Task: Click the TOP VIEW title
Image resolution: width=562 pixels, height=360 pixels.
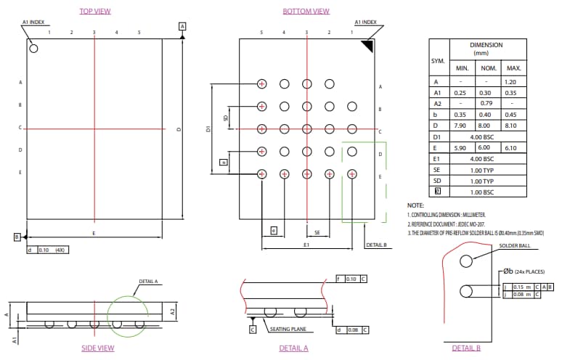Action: (94, 11)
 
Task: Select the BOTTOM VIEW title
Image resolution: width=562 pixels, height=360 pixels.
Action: (306, 11)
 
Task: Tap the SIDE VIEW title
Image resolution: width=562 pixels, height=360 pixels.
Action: (97, 348)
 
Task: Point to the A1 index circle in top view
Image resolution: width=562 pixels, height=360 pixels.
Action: (33, 49)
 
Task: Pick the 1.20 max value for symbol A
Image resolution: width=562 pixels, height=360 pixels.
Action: (513, 83)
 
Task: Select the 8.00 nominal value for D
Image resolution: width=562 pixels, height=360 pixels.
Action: (489, 126)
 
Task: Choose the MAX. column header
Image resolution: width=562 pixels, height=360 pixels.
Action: (513, 68)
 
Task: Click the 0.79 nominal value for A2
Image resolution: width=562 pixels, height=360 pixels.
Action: (489, 104)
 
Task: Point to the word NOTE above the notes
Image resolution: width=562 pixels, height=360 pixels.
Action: (415, 206)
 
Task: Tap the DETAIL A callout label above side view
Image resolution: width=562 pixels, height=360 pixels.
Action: (148, 282)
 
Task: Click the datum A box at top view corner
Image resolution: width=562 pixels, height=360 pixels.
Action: (182, 26)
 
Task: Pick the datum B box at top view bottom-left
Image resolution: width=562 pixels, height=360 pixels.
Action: (17, 237)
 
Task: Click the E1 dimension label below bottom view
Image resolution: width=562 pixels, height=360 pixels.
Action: (306, 246)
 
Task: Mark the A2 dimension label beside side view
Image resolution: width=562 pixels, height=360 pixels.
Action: (174, 311)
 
